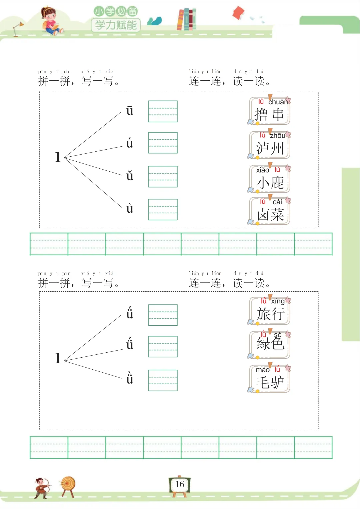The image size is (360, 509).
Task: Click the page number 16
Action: (x=180, y=484)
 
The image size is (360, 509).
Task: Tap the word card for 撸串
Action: (x=269, y=111)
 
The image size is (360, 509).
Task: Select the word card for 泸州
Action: (x=269, y=145)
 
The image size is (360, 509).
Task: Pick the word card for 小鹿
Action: (x=269, y=179)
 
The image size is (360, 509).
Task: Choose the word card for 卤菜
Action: (x=269, y=211)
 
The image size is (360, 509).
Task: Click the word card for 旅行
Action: (x=269, y=311)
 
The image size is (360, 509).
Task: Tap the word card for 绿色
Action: (x=269, y=344)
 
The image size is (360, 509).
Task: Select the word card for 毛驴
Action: (x=269, y=379)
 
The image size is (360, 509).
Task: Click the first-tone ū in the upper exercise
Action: (x=130, y=111)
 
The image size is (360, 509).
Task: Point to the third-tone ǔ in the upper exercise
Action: (x=130, y=175)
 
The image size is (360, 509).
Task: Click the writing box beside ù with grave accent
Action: (x=163, y=210)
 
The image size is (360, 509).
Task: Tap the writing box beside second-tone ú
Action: (x=163, y=143)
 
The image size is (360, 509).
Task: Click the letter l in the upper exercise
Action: (x=58, y=157)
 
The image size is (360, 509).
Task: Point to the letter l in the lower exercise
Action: (x=58, y=358)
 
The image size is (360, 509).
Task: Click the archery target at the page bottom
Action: (x=68, y=486)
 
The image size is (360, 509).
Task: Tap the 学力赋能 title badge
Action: (x=116, y=25)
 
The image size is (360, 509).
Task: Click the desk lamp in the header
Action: (x=17, y=29)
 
